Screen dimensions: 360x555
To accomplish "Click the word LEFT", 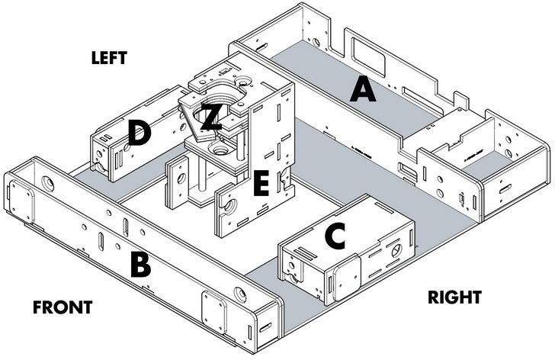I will pos(109,58).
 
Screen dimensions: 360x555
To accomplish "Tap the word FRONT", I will pos(63,307).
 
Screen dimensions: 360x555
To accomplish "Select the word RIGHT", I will pos(454,297).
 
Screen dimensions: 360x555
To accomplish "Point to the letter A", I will pos(363,92).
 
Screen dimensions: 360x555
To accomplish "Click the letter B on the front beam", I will pos(140,264).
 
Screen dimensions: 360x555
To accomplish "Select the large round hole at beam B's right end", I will pos(240,292).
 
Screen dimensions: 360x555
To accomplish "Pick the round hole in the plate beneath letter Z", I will pos(221,149).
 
